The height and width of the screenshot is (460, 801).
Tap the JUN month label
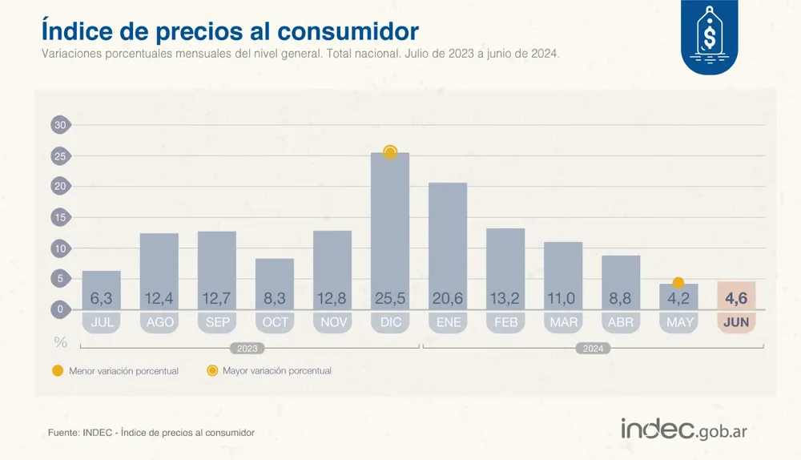click(x=736, y=323)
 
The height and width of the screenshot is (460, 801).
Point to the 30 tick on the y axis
click(x=60, y=125)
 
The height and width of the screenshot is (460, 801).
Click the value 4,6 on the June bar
click(x=736, y=299)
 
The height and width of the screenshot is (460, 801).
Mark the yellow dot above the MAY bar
click(x=678, y=283)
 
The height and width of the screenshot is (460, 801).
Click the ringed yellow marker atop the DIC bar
click(x=390, y=152)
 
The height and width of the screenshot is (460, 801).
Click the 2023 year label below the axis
click(x=248, y=349)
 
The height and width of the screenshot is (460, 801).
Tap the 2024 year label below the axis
click(x=593, y=349)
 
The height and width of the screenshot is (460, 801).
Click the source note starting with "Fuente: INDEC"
click(x=151, y=433)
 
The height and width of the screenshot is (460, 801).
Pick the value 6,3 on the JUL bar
click(x=101, y=299)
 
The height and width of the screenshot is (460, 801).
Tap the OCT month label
click(x=275, y=323)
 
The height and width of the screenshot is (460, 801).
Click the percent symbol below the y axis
click(x=60, y=342)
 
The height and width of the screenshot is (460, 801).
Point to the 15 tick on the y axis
click(x=60, y=217)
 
